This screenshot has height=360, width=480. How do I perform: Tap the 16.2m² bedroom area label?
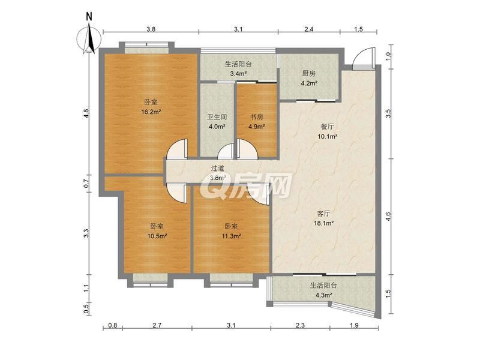(x=151, y=112)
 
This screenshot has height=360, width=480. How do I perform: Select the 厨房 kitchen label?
(x=308, y=73)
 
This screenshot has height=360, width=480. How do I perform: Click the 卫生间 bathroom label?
(x=217, y=117)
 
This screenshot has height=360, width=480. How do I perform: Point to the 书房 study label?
(x=257, y=117)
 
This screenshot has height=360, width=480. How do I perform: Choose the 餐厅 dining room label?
(x=327, y=127)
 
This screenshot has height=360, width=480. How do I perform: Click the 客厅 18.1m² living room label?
(x=323, y=218)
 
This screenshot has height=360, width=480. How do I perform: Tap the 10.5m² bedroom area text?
(x=157, y=236)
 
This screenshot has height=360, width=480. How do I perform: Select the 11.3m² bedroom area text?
(x=231, y=236)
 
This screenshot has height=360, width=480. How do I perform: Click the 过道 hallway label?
(x=218, y=168)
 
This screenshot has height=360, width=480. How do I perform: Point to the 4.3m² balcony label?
(x=324, y=295)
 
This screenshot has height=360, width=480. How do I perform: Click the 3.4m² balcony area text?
(x=238, y=74)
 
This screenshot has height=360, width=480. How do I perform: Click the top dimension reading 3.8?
(x=151, y=29)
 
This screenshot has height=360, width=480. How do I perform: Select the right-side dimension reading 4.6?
(x=388, y=217)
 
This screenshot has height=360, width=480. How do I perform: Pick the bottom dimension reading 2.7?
(x=157, y=325)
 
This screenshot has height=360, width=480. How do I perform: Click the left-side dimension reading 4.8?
(x=86, y=113)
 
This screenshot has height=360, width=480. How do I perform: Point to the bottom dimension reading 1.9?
(x=354, y=325)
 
